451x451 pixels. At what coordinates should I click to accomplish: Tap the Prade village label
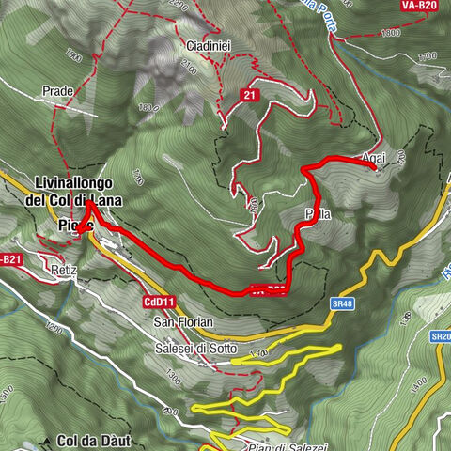pyautogui.click(x=58, y=92)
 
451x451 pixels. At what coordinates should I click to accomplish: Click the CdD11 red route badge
pyautogui.click(x=160, y=302)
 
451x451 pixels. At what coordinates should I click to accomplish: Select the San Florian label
pyautogui.click(x=184, y=322)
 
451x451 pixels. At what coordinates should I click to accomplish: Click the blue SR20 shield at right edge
pyautogui.click(x=440, y=335)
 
